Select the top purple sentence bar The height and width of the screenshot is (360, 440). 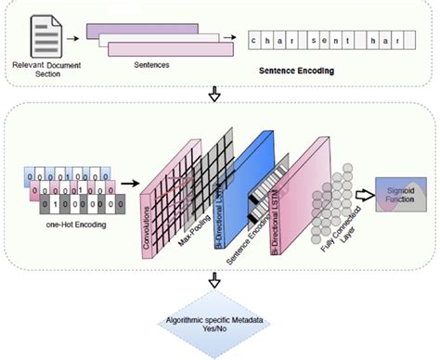pos(139,30)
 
